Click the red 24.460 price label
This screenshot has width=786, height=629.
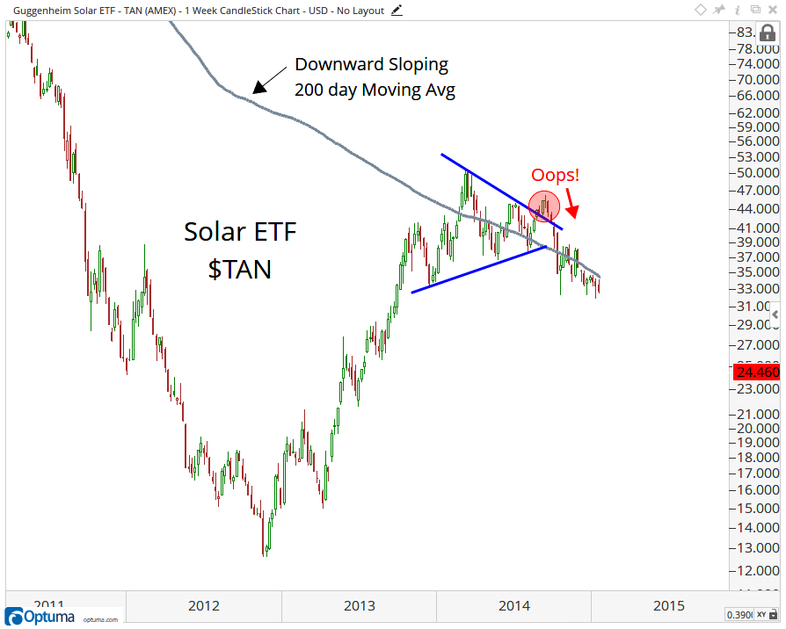756,372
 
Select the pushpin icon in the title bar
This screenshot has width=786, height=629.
719,10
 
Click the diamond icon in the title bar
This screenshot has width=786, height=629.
701,10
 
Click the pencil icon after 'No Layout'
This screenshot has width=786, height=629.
397,9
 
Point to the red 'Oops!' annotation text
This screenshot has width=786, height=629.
555,176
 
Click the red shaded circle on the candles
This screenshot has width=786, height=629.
544,206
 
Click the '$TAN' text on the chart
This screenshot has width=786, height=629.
239,269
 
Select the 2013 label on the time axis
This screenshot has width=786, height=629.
359,605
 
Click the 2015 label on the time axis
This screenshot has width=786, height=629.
669,605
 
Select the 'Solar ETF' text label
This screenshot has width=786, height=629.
240,233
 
